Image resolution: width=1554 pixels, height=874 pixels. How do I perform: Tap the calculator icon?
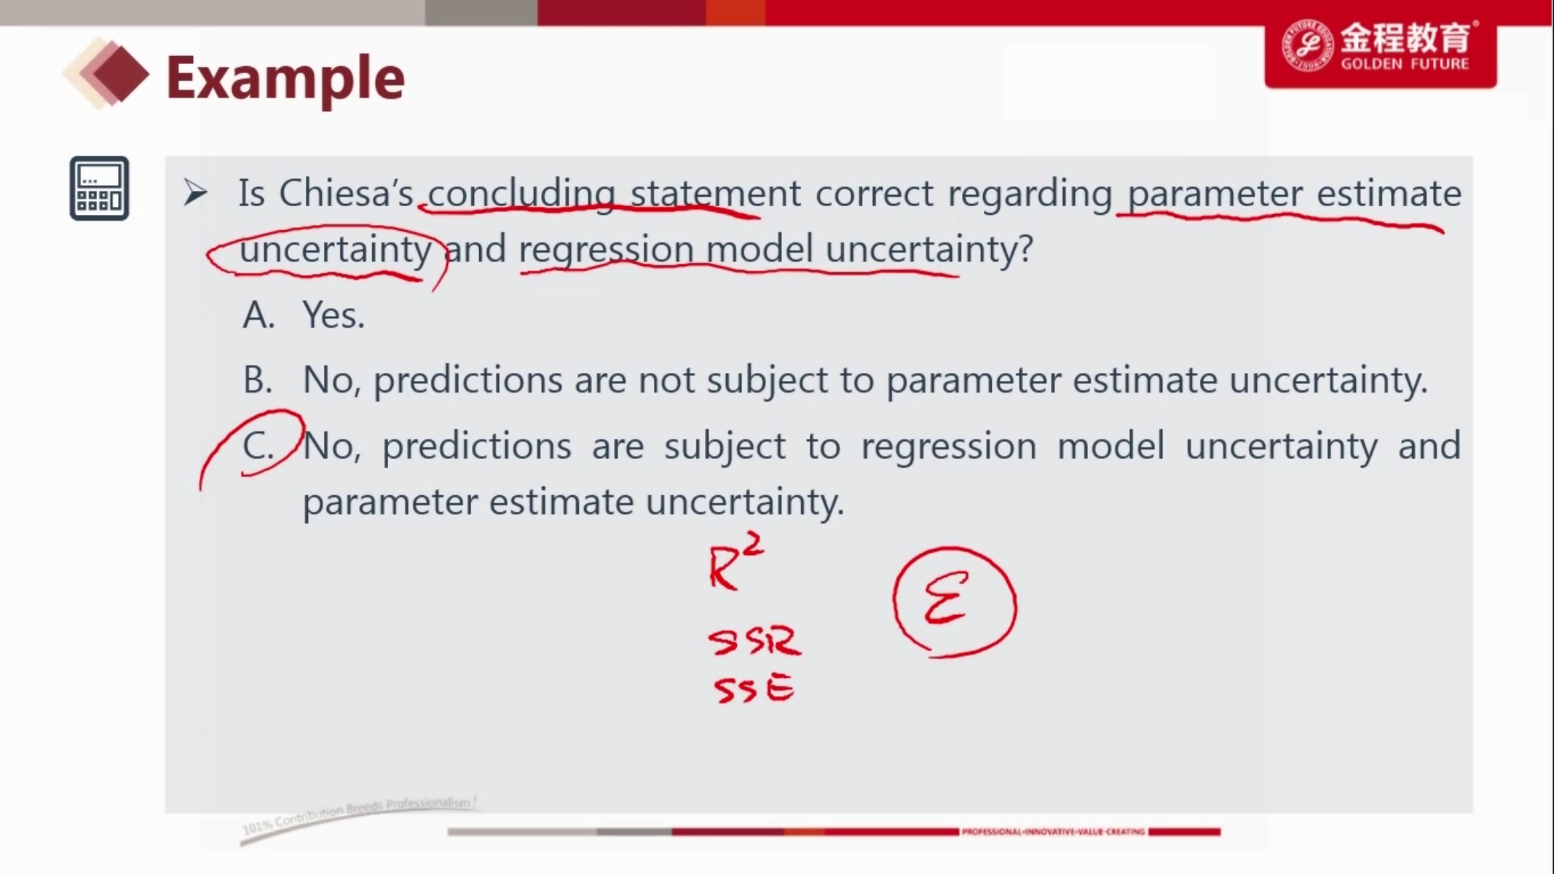tap(99, 188)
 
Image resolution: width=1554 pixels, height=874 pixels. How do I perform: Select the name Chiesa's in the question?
tap(346, 194)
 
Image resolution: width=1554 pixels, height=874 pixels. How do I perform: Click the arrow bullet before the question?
tap(195, 192)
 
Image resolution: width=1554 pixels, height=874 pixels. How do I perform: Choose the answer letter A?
tap(259, 315)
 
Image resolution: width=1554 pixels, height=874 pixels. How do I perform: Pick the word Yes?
tap(334, 315)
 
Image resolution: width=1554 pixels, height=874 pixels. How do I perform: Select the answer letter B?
tap(258, 380)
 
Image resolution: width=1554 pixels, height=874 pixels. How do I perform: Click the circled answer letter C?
tap(259, 446)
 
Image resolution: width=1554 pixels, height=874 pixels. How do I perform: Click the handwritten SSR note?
tap(754, 641)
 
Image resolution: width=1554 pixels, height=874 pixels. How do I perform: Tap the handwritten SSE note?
tap(754, 688)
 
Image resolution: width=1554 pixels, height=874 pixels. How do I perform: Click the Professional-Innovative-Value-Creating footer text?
tap(1053, 832)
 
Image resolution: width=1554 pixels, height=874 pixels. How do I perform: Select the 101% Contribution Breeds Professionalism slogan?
tap(358, 815)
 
